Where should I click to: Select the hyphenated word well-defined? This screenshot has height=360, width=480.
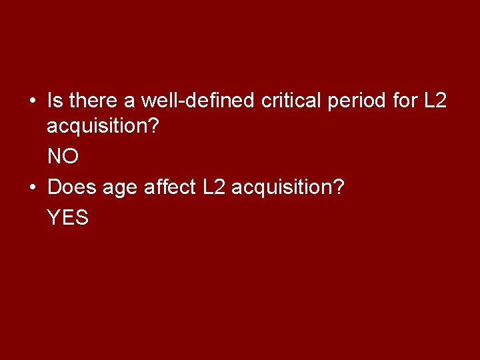click(x=197, y=101)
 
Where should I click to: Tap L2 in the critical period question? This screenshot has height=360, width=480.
click(x=435, y=101)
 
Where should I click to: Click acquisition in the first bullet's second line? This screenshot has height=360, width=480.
click(x=97, y=127)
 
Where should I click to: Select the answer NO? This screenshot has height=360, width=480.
click(x=63, y=157)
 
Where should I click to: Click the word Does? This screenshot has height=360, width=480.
click(x=72, y=187)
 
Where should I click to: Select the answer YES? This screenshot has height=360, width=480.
click(x=67, y=218)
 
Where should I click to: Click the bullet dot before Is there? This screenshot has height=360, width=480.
click(x=32, y=102)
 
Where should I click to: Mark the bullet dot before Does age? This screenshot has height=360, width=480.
click(x=32, y=188)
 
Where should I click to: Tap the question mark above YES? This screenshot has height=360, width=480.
click(x=339, y=187)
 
